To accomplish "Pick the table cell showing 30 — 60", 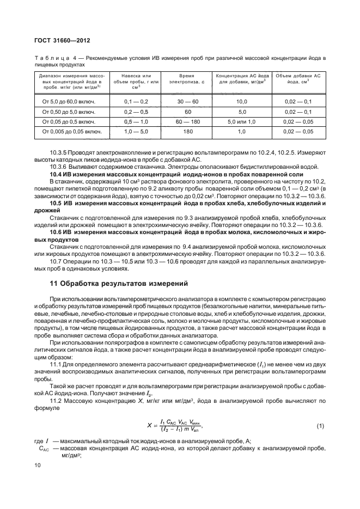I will [187, 101].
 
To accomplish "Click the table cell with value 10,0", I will [241, 101].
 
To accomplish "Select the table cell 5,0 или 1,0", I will [241, 121].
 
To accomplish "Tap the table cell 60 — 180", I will [187, 121].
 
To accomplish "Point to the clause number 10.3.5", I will [58, 154].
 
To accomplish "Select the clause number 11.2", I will [56, 400].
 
